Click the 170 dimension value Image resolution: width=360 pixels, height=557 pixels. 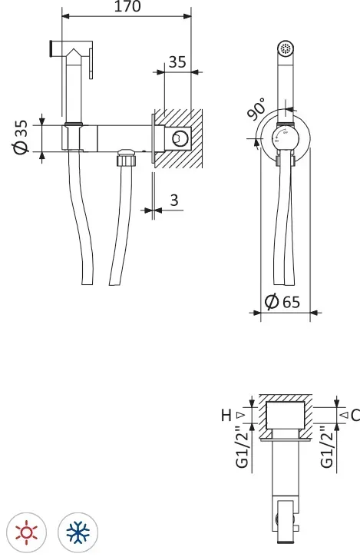pyautogui.click(x=127, y=6)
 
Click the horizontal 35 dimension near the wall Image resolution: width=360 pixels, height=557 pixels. pyautogui.click(x=177, y=61)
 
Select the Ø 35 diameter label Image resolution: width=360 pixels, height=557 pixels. pyautogui.click(x=21, y=138)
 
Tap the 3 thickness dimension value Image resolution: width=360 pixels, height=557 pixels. pyautogui.click(x=174, y=200)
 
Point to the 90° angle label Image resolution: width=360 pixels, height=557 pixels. pyautogui.click(x=256, y=109)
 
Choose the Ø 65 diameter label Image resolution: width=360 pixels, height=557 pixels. pyautogui.click(x=282, y=302)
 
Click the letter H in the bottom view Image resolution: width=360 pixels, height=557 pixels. pyautogui.click(x=226, y=415)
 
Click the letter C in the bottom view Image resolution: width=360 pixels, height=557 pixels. pyautogui.click(x=355, y=415)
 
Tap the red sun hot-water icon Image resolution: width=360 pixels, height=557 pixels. pyautogui.click(x=27, y=532)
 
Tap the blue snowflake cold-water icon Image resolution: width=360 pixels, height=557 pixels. pyautogui.click(x=78, y=532)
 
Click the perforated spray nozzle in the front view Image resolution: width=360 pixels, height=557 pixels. pyautogui.click(x=286, y=48)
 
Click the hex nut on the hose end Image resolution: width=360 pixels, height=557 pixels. pyautogui.click(x=126, y=157)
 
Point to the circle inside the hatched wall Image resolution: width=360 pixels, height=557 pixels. pyautogui.click(x=180, y=138)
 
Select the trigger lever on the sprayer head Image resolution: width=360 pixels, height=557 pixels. pyautogui.click(x=91, y=64)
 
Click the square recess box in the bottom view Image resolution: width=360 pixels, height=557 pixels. pyautogui.click(x=286, y=415)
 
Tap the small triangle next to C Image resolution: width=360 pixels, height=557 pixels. pyautogui.click(x=344, y=415)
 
